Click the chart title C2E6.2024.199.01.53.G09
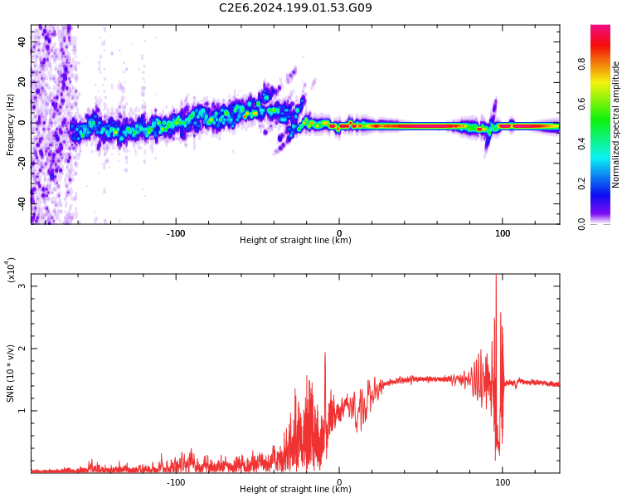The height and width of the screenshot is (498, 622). [295, 7]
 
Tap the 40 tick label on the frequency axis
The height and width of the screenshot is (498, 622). [22, 41]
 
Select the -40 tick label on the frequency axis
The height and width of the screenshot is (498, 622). [22, 202]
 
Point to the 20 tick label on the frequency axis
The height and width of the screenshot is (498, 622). [22, 81]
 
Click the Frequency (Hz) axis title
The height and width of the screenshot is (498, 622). [10, 124]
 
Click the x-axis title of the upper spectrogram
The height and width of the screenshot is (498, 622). [295, 241]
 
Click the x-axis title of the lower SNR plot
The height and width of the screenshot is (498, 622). [295, 489]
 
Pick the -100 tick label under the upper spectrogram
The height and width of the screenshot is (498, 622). [176, 232]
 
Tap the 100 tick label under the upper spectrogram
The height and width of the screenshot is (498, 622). [503, 232]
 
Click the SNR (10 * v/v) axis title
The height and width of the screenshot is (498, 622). [10, 373]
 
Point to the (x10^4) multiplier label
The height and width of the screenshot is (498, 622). [12, 270]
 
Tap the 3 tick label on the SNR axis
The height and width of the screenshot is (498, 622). [22, 286]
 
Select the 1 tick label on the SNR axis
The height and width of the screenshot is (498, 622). [22, 410]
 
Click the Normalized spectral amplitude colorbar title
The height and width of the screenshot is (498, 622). [616, 124]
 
